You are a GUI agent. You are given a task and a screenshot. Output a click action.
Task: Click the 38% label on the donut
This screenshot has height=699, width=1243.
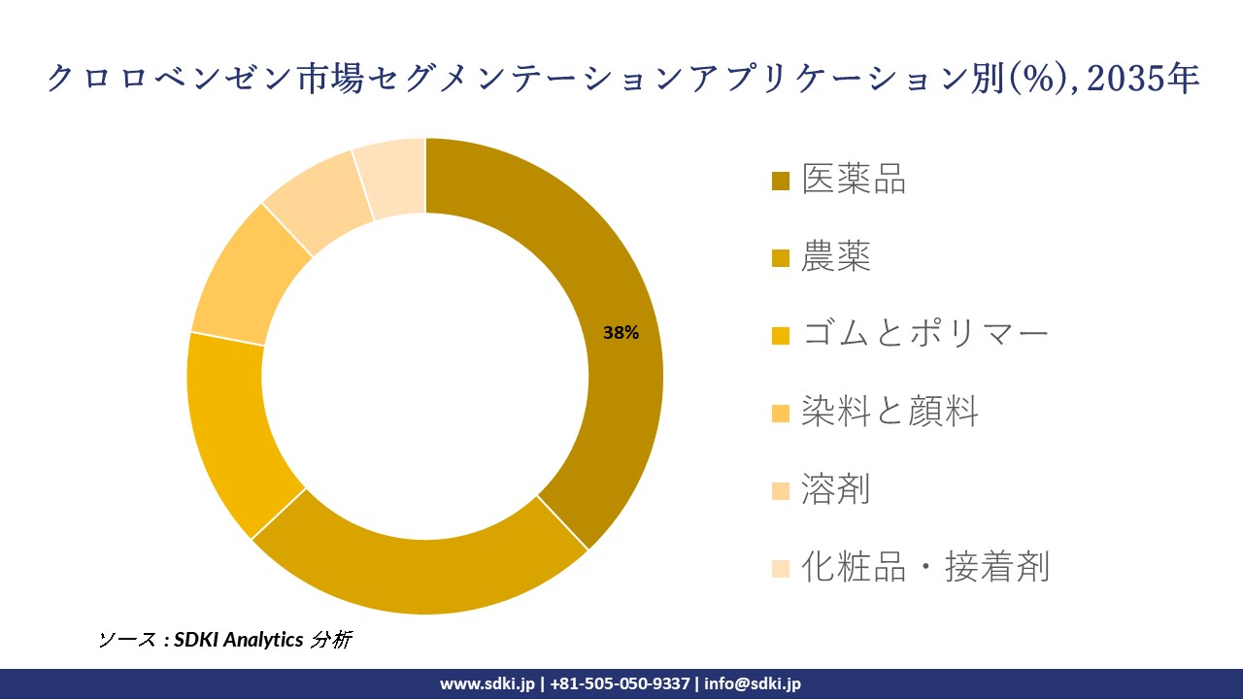tap(621, 333)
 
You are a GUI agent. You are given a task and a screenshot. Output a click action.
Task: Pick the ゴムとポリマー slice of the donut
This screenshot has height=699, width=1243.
tap(228, 427)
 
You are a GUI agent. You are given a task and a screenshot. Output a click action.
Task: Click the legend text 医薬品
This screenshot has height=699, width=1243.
tap(854, 180)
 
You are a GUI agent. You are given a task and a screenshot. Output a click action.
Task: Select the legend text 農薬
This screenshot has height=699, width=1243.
tap(836, 257)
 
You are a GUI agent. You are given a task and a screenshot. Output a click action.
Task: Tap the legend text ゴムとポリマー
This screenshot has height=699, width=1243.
tap(924, 335)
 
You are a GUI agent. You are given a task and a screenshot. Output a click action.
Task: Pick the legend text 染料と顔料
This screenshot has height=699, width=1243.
tap(890, 413)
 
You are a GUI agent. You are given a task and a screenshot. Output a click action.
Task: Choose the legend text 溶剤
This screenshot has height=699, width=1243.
tap(836, 489)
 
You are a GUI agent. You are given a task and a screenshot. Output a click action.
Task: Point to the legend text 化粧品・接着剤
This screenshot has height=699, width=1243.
tap(924, 567)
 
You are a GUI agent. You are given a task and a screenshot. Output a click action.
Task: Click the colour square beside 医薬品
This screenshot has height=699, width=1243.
tap(781, 182)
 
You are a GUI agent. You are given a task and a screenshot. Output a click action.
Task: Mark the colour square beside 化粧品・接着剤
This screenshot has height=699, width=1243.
tap(781, 569)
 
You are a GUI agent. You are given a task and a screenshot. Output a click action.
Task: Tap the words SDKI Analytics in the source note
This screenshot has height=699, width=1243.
tap(239, 640)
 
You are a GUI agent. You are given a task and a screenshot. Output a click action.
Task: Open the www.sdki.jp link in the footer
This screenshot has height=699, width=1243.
tap(487, 683)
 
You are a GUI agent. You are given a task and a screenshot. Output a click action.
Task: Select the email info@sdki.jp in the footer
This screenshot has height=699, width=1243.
tap(753, 683)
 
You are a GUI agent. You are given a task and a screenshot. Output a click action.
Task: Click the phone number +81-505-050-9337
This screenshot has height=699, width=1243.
tap(620, 683)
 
